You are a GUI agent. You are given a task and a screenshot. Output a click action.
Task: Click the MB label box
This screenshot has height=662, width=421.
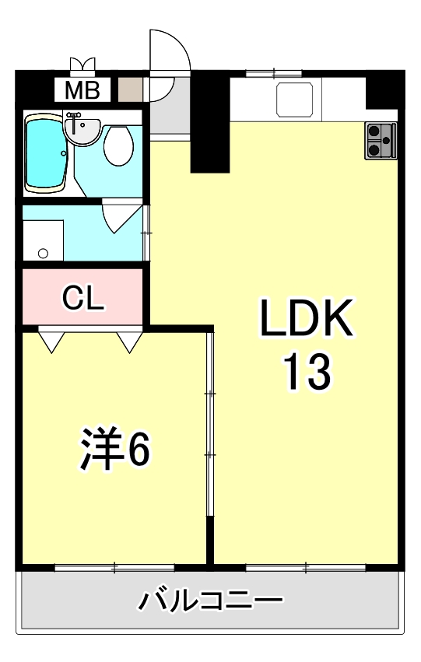pos(82,91)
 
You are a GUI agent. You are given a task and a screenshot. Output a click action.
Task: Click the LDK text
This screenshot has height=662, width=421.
pos(307,320)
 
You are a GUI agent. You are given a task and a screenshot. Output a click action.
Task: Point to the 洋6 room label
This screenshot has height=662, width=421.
pos(114,449)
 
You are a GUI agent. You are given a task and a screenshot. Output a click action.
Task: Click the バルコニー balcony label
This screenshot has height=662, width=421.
pos(210,601)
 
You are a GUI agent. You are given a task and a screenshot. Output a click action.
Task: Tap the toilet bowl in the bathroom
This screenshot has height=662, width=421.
pos(118,145)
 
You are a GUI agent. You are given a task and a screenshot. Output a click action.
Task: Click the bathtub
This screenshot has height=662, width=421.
pos(47,152)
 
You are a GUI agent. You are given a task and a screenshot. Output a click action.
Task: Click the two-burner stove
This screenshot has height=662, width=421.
pos(380,141)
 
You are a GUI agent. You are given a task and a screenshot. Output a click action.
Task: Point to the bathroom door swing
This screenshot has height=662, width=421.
pos(117,215)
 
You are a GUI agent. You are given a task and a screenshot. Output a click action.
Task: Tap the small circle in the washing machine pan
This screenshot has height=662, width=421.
pos(43,253)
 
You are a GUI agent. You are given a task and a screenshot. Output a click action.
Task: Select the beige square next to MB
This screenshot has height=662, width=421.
pos(130,90)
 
